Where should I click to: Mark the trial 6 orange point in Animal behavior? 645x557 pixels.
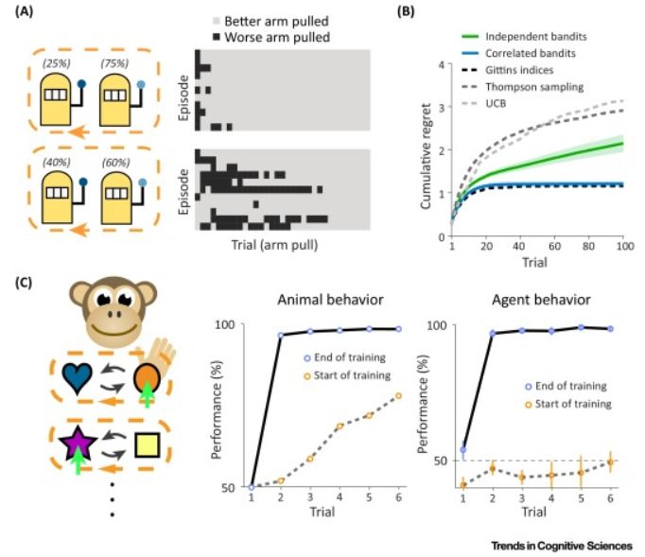tap(398, 395)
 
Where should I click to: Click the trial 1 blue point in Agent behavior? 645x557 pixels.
tap(463, 450)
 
